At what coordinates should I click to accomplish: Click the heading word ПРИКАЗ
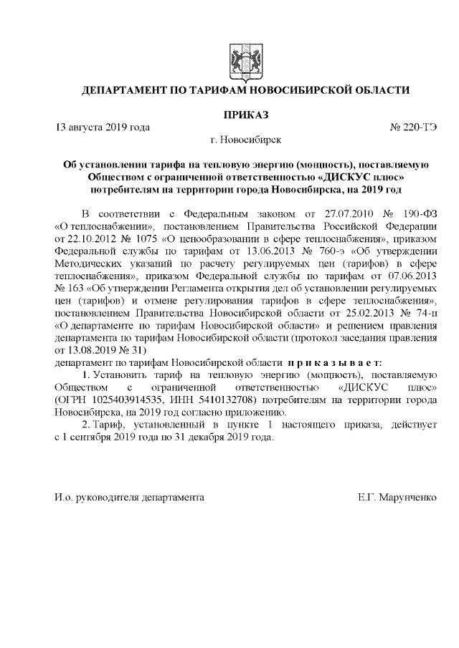[246, 115]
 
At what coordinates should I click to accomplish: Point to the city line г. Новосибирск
[246, 141]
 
